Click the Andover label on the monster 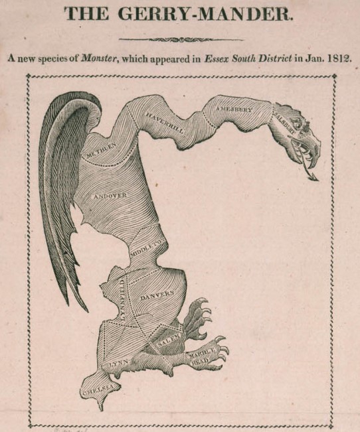point(110,196)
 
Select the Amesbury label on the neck point(232,108)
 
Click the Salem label point(166,342)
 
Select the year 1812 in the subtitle point(339,58)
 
